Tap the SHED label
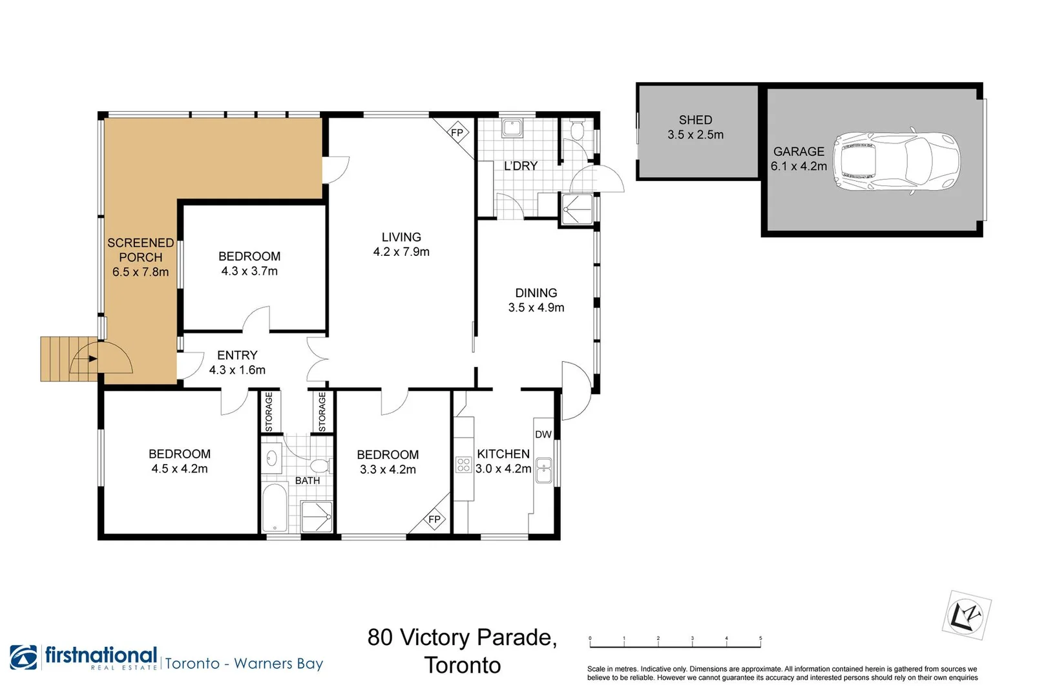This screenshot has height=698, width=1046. point(695,120)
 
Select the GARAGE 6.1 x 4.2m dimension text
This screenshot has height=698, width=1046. point(799,166)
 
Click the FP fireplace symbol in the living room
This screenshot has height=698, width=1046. point(457,132)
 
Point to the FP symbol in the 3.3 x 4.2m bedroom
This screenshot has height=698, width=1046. point(434,519)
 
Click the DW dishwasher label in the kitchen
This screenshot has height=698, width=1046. point(543,434)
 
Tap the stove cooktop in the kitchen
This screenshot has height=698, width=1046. point(464,465)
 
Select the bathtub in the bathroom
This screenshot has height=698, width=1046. point(275,508)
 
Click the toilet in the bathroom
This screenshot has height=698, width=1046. point(321,466)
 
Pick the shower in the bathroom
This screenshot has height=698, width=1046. point(317,517)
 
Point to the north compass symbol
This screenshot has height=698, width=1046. point(966,615)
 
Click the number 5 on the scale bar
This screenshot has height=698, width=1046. point(760,638)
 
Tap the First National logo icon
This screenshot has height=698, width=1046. point(24,657)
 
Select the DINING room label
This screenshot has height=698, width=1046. point(536,293)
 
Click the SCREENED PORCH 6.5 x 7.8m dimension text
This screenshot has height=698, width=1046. point(141,272)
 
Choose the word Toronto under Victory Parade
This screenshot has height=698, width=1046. point(463,665)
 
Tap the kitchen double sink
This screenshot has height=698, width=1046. point(543,471)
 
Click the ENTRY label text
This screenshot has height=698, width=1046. point(237,355)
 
